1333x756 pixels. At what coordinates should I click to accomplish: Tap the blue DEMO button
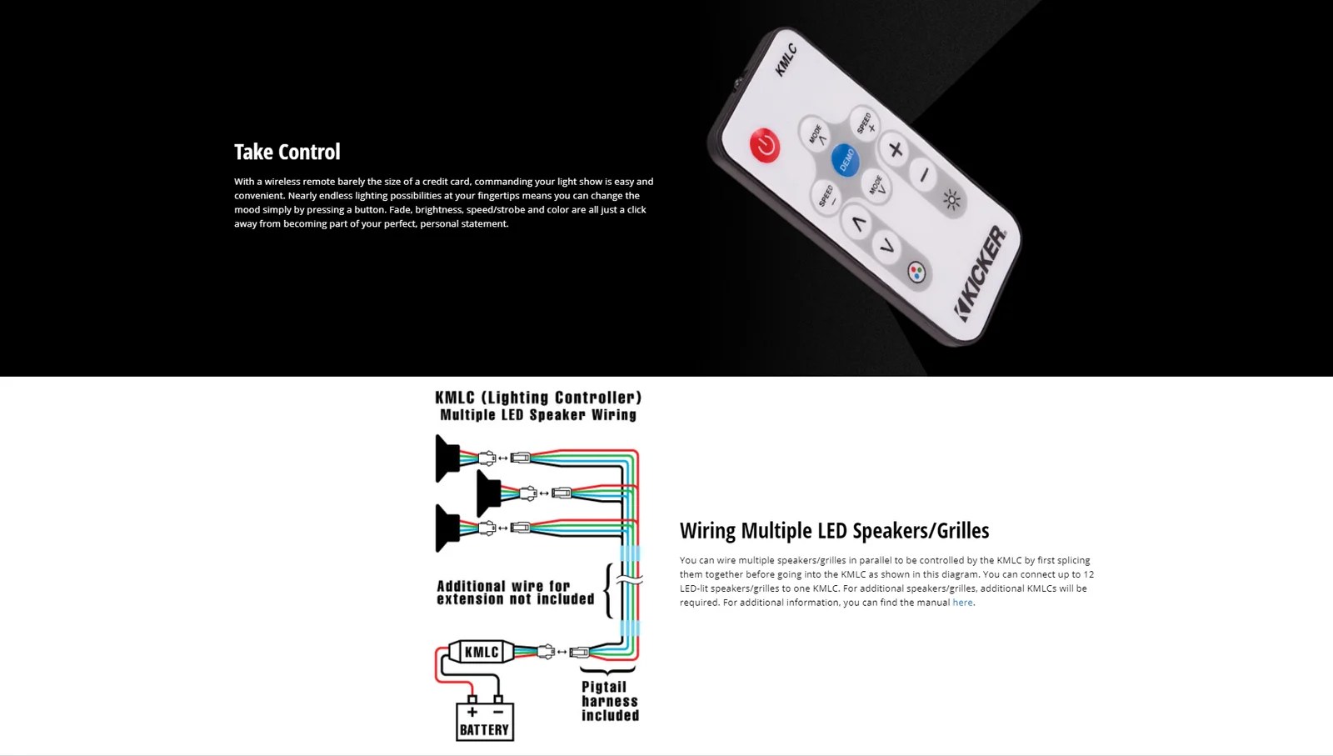845,158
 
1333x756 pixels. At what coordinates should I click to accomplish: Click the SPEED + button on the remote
866,123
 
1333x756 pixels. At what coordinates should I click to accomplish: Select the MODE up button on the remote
815,134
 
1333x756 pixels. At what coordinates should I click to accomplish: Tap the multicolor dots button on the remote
916,273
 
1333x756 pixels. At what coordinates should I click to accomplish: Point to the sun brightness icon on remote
951,199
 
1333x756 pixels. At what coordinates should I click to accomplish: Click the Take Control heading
287,152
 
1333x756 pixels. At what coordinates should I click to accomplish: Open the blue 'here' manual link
962,603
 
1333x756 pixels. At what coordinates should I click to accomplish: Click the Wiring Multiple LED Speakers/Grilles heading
834,531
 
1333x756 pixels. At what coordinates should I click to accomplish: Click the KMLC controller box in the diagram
482,652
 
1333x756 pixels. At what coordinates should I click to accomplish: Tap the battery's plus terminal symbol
472,712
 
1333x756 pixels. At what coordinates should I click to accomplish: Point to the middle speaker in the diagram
488,493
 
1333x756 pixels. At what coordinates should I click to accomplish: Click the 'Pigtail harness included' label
610,701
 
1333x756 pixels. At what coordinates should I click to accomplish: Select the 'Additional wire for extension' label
515,593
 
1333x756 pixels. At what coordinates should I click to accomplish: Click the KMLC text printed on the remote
786,59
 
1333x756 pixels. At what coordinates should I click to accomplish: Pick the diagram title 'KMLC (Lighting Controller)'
538,398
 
